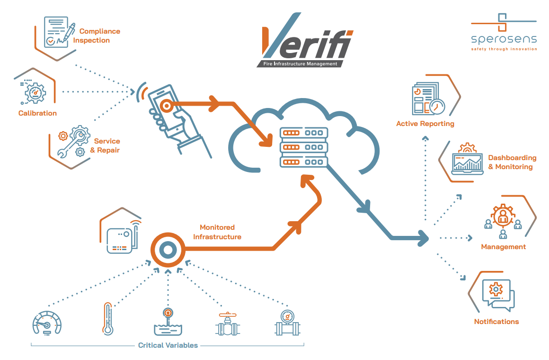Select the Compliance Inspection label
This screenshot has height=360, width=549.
click(x=96, y=36)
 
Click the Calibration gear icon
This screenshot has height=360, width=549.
click(x=34, y=91)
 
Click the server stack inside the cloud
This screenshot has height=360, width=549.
click(x=303, y=147)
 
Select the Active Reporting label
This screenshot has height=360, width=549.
click(x=425, y=124)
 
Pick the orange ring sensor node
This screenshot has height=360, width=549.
click(x=167, y=249)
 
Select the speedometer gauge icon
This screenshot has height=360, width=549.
click(x=47, y=323)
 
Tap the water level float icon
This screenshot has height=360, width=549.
click(x=168, y=322)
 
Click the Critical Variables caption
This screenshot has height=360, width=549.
click(x=168, y=345)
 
